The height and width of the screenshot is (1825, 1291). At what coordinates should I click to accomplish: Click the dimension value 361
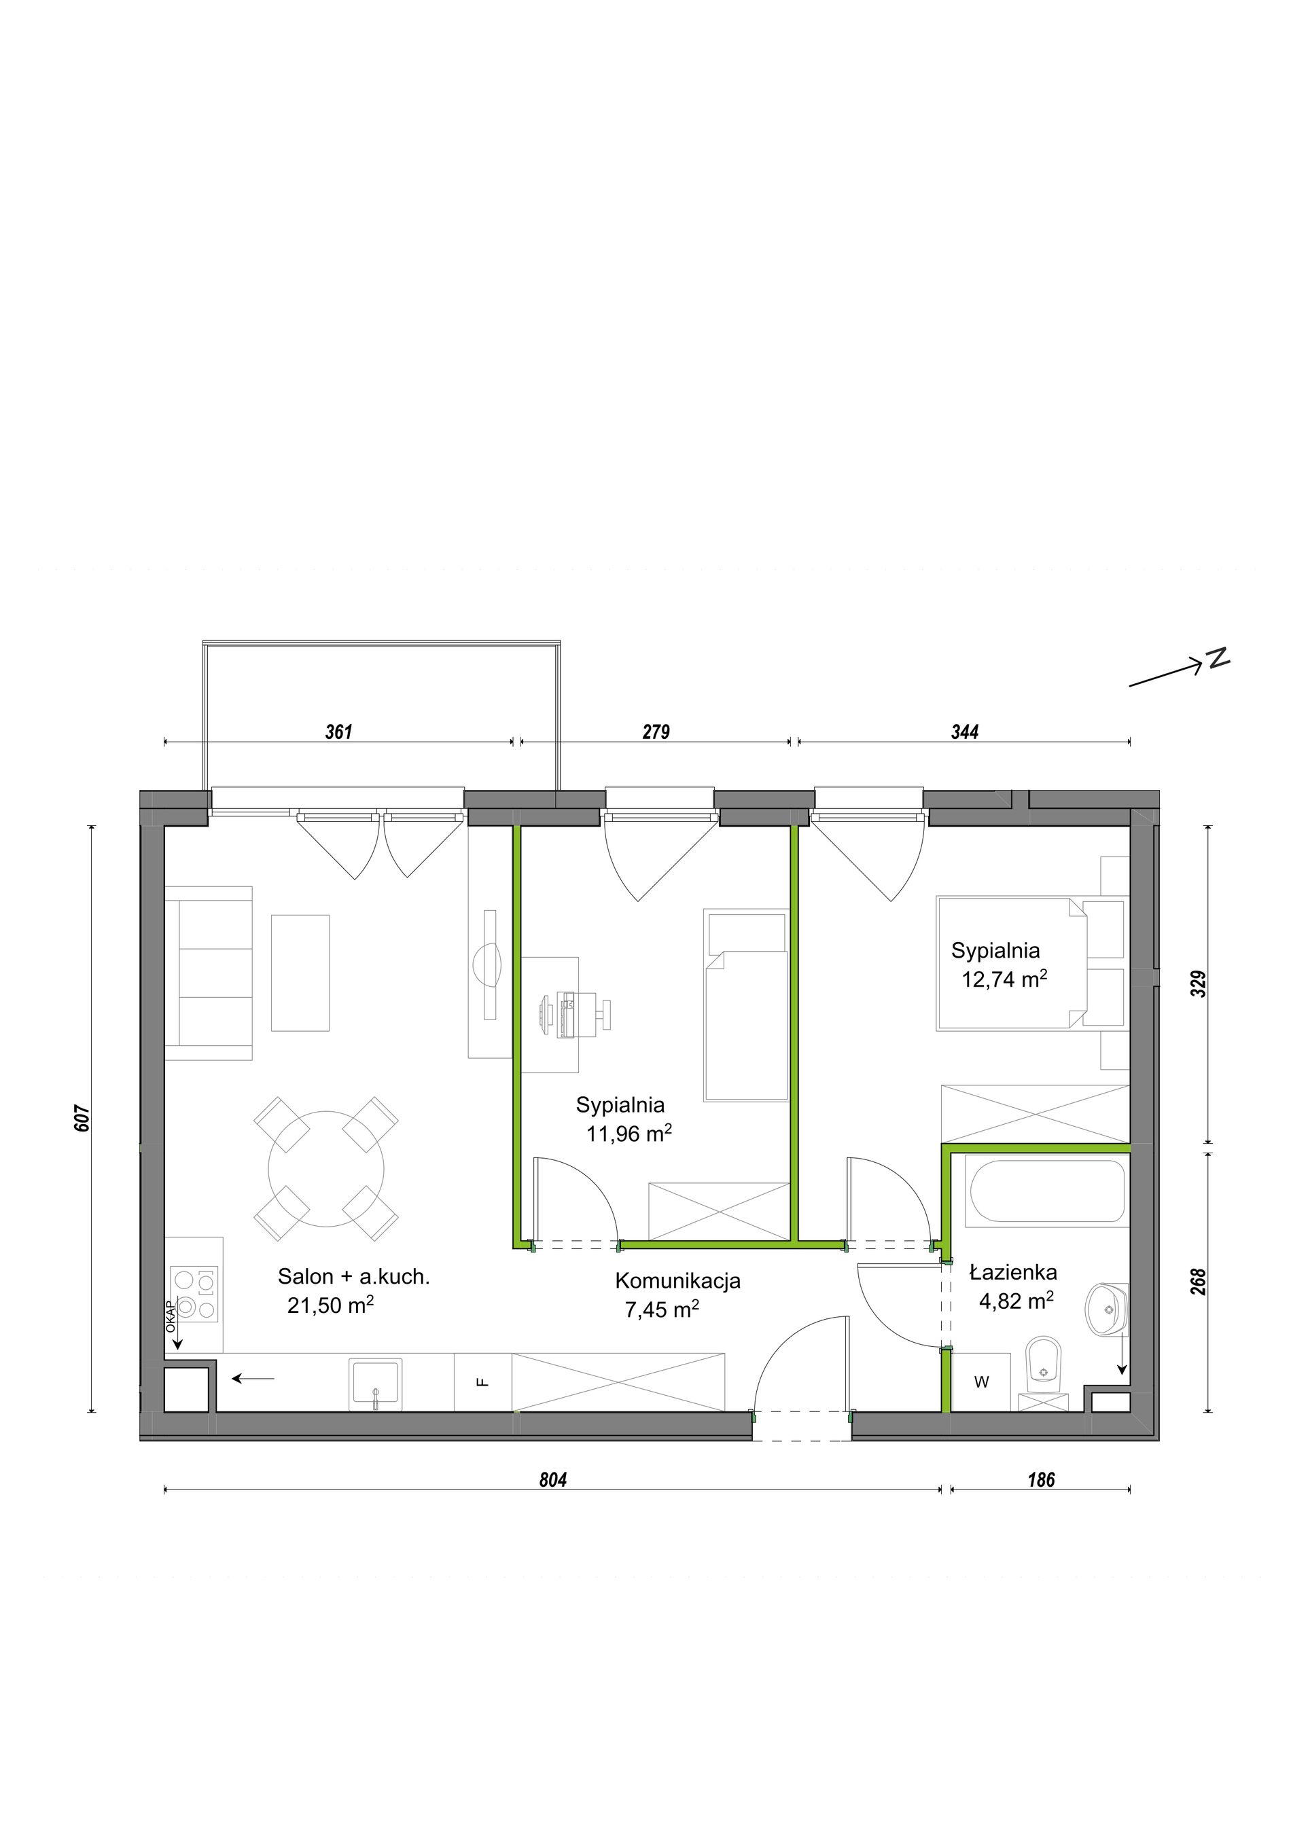pos(338,731)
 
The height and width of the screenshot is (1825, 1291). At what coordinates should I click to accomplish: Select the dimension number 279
pos(656,731)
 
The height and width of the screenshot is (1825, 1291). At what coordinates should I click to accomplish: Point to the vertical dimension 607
pos(84,1119)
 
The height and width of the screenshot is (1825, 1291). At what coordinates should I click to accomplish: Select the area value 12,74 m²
pos(1004,979)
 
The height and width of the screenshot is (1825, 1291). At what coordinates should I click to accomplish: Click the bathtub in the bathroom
pos(1045,1191)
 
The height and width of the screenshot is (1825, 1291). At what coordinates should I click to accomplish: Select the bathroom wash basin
pos(1106,1308)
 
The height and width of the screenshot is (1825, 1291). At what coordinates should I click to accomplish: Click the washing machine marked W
pos(981,1382)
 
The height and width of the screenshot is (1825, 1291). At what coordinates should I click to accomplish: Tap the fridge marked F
pos(482,1381)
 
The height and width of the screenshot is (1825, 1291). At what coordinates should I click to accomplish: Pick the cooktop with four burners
pos(194,1294)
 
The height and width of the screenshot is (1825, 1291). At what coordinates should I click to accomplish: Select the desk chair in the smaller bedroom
pos(594,1013)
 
